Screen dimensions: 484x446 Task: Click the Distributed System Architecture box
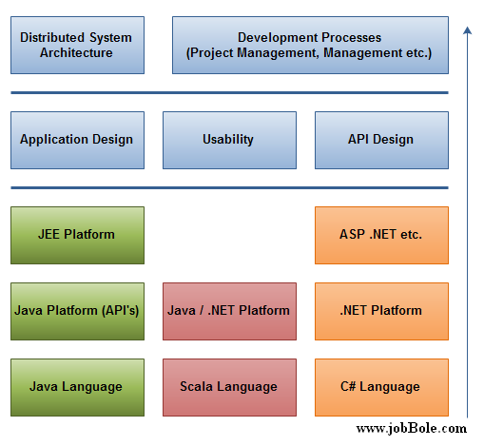pos(77,46)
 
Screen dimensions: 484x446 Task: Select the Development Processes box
pos(310,46)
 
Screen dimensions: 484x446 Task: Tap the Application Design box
pos(77,140)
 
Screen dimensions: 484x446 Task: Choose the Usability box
pos(229,140)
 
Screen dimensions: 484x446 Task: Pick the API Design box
pos(381,140)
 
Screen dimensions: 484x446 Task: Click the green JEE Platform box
pos(77,235)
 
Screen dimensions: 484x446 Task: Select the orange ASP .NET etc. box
pos(381,235)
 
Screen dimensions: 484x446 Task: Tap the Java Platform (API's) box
pos(77,311)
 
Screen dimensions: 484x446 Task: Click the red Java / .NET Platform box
pos(229,311)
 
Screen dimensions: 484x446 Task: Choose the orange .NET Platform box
pos(381,311)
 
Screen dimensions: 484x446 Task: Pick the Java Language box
pos(77,387)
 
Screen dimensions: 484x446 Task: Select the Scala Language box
pos(229,387)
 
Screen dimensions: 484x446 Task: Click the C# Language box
pos(381,387)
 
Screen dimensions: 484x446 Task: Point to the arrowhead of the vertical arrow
pos(467,28)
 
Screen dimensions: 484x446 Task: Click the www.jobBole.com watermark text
pos(412,429)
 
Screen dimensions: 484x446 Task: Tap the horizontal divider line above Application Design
pos(229,92)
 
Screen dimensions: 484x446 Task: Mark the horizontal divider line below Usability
pos(229,187)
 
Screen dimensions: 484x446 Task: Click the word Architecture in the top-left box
pos(76,52)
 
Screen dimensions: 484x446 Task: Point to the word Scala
pos(196,386)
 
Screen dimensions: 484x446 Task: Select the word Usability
pos(228,140)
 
